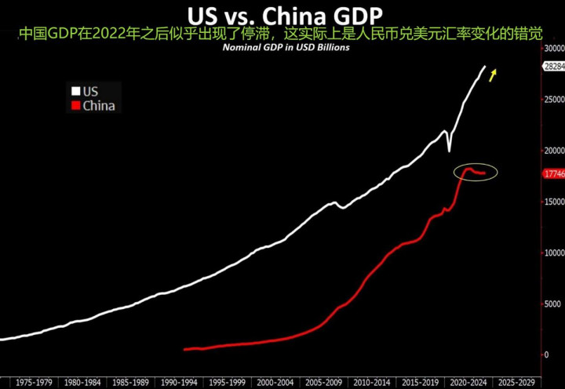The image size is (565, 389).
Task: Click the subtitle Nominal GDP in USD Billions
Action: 283,47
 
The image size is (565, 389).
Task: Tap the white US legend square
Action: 76,92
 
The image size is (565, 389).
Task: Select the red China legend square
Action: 76,106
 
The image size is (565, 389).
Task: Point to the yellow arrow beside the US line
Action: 494,75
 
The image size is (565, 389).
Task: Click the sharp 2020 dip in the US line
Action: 449,150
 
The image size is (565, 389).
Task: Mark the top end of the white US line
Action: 484,67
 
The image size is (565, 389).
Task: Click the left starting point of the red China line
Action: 184,350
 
